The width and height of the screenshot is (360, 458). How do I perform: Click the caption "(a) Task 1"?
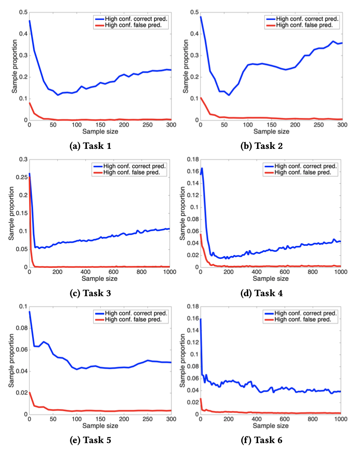[90, 146]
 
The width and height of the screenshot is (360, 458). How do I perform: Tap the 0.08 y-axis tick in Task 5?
[22, 328]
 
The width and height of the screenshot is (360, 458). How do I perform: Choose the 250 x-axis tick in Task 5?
[147, 419]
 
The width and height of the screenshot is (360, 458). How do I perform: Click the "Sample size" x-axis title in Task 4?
[270, 278]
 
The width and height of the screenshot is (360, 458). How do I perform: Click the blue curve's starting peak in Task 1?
[29, 20]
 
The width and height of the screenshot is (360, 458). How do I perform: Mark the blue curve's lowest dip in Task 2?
[229, 95]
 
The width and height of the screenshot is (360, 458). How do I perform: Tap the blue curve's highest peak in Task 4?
[202, 168]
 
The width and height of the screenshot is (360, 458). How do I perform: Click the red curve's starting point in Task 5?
[29, 392]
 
